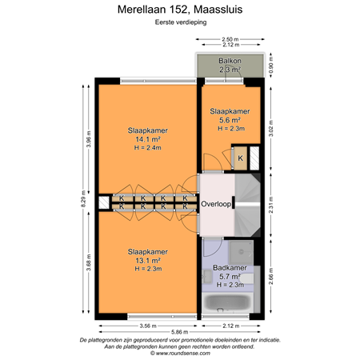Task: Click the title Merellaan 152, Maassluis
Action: click(x=180, y=9)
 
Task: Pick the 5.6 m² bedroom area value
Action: click(x=230, y=119)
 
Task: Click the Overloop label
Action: click(x=216, y=204)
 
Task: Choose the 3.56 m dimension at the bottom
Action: click(x=147, y=325)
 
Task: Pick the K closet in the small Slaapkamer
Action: click(x=240, y=158)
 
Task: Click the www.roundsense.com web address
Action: click(x=180, y=351)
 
